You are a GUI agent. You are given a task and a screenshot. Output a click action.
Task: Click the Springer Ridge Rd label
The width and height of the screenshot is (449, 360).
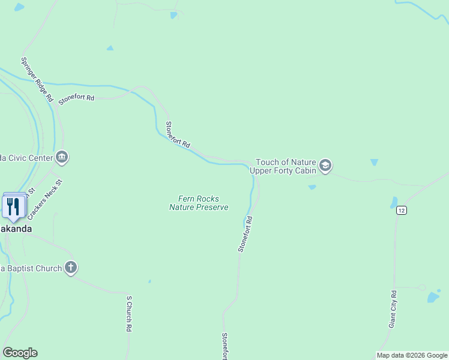pos(38,79)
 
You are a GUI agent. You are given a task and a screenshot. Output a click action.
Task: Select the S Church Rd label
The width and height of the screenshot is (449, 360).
pos(128,314)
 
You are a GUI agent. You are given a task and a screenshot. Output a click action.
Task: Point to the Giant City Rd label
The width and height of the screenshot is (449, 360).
pos(393,310)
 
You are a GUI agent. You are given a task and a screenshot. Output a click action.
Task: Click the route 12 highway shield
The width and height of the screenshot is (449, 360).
pos(402,210)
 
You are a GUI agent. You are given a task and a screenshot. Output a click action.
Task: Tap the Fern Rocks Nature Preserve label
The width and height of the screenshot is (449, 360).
pos(199,203)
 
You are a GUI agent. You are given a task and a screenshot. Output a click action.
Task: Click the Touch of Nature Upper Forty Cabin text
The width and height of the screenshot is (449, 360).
pos(286,166)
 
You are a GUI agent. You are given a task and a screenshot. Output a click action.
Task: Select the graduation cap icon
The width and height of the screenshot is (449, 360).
pos(325,166)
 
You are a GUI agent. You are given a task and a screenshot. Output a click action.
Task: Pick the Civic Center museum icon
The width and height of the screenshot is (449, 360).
pos(62,158)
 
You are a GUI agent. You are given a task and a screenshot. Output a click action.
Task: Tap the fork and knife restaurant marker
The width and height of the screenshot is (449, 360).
pos(13,206)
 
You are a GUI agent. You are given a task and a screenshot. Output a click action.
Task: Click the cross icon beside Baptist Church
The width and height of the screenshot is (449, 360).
pos(71,268)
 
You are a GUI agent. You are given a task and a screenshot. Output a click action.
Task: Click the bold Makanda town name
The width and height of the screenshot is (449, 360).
pos(16,229)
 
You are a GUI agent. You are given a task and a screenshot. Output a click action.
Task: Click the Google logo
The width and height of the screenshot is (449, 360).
pos(20,353)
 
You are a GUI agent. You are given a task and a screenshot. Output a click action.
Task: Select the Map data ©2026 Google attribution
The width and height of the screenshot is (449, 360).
pos(412,355)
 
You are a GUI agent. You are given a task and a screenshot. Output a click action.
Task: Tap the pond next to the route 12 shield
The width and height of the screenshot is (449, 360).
pos(394,202)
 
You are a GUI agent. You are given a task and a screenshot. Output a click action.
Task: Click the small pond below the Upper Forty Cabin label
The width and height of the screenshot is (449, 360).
pos(312,187)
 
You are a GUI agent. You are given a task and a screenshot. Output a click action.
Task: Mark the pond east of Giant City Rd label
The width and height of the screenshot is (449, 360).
pos(433,297)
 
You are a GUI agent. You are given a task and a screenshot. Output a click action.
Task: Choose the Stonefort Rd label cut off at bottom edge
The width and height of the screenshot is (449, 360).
pos(224,346)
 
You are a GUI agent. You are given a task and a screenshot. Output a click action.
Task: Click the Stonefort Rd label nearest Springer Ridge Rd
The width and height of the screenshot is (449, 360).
pos(77,100)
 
